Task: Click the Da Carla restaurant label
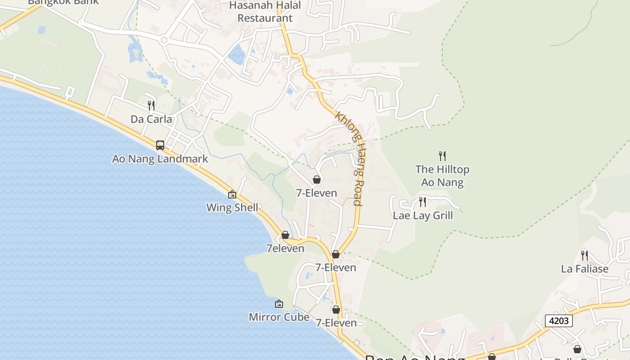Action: click(x=151, y=119)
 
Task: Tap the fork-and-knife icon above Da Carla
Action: click(x=151, y=106)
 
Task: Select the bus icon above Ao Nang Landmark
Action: click(x=160, y=145)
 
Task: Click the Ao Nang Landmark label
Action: click(x=160, y=159)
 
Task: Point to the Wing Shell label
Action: click(x=232, y=207)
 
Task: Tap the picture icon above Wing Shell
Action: click(x=232, y=194)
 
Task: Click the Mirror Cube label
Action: click(x=279, y=317)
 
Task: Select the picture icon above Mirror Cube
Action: click(x=279, y=304)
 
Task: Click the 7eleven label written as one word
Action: click(x=285, y=248)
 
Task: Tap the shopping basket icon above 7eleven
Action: click(x=285, y=235)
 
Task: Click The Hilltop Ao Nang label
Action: click(x=442, y=176)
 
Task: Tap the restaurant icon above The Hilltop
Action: click(x=442, y=156)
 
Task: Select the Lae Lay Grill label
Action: click(x=423, y=216)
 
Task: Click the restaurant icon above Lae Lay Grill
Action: click(x=422, y=202)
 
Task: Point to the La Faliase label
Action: click(x=585, y=269)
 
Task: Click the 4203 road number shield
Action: click(x=559, y=321)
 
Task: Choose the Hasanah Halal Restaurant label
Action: click(x=265, y=12)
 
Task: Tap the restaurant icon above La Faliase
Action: click(x=584, y=256)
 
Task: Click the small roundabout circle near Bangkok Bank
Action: click(x=164, y=40)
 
